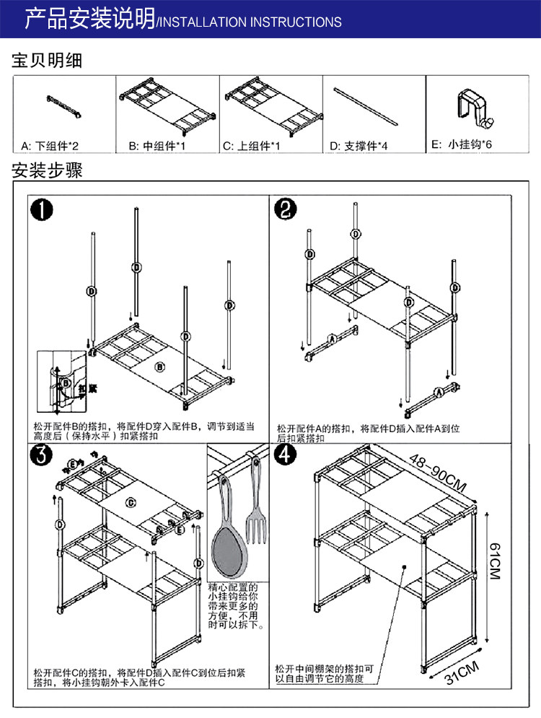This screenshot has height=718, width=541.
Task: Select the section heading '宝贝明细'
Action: (x=48, y=61)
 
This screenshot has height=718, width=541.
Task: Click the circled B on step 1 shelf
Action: (x=161, y=367)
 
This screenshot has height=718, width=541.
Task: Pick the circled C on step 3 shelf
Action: (x=131, y=502)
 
